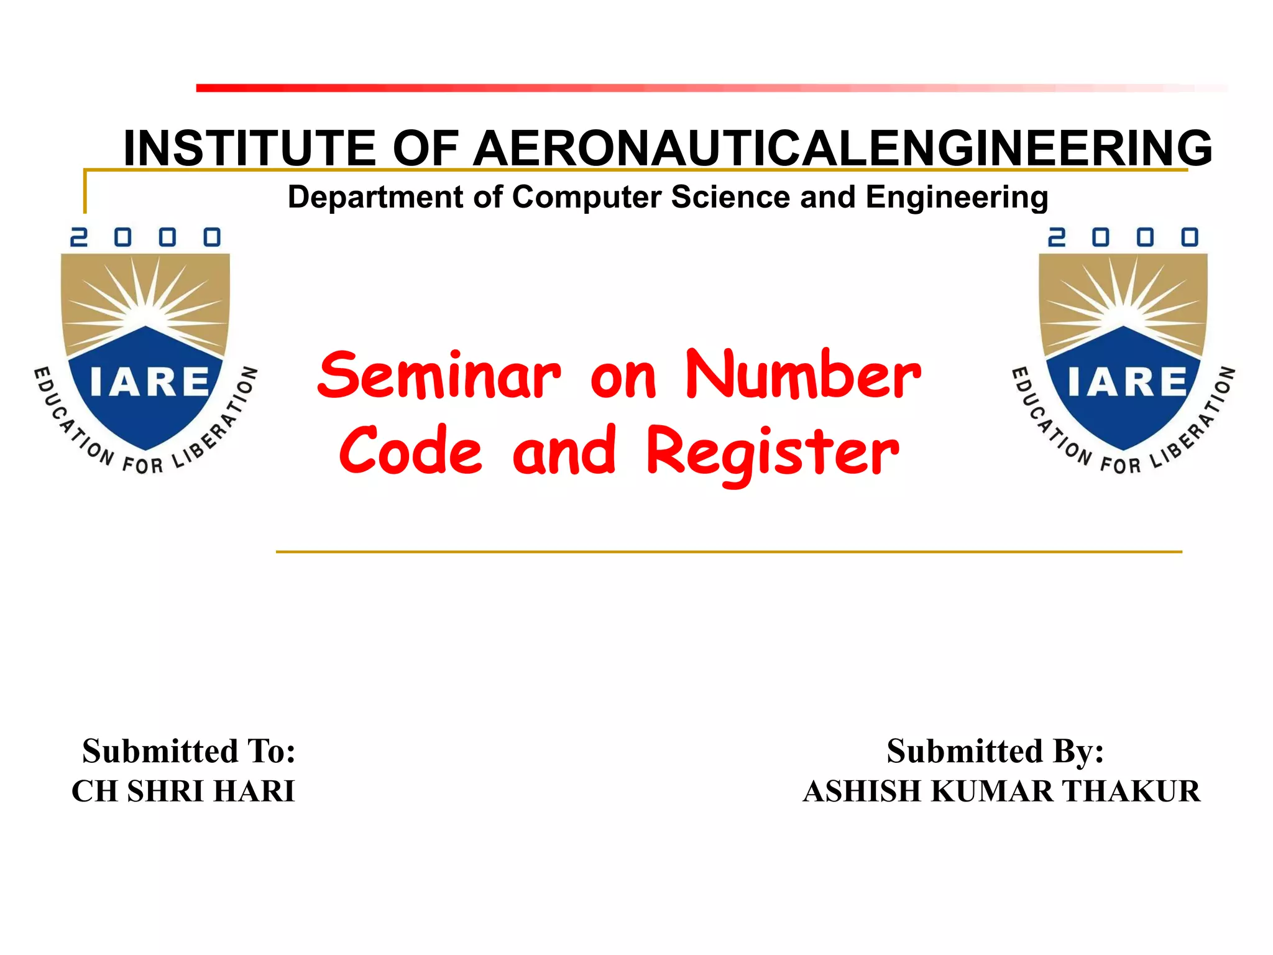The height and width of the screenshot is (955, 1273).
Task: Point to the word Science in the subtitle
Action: [731, 197]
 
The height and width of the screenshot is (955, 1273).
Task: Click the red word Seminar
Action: [439, 376]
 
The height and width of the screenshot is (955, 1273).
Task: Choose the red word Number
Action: [803, 376]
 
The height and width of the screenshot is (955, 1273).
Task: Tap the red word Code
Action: [410, 451]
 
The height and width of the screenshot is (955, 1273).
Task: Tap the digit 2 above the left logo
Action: [78, 237]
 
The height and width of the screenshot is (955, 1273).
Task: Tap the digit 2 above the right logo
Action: [1056, 237]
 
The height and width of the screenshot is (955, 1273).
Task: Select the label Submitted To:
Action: [189, 751]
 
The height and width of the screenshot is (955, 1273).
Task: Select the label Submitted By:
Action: [995, 751]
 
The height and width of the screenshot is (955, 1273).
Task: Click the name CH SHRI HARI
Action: [183, 791]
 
